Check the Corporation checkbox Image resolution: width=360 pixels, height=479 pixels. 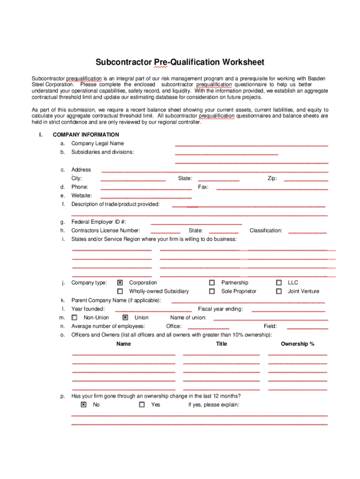[x=120, y=283]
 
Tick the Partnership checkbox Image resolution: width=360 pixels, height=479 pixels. [x=212, y=283]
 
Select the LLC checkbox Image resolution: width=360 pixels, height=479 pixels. [x=279, y=283]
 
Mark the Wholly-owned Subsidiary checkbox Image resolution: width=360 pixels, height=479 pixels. [x=120, y=291]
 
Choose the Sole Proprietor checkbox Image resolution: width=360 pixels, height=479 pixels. [x=212, y=291]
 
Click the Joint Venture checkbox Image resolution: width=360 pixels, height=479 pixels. [x=279, y=291]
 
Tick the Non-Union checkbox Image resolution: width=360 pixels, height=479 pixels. [x=74, y=318]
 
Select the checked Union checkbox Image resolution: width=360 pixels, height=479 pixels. [x=125, y=318]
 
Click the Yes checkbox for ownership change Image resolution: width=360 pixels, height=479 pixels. [x=142, y=405]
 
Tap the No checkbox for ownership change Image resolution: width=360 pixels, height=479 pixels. [x=84, y=405]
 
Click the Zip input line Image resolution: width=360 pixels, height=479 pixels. [x=306, y=180]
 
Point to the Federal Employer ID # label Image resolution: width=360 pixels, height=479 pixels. [x=99, y=222]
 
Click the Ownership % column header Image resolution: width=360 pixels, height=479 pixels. [x=297, y=344]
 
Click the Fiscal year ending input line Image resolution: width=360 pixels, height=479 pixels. [x=288, y=310]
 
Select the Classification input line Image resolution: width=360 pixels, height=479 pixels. [x=308, y=232]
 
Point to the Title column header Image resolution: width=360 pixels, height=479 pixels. [x=222, y=344]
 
